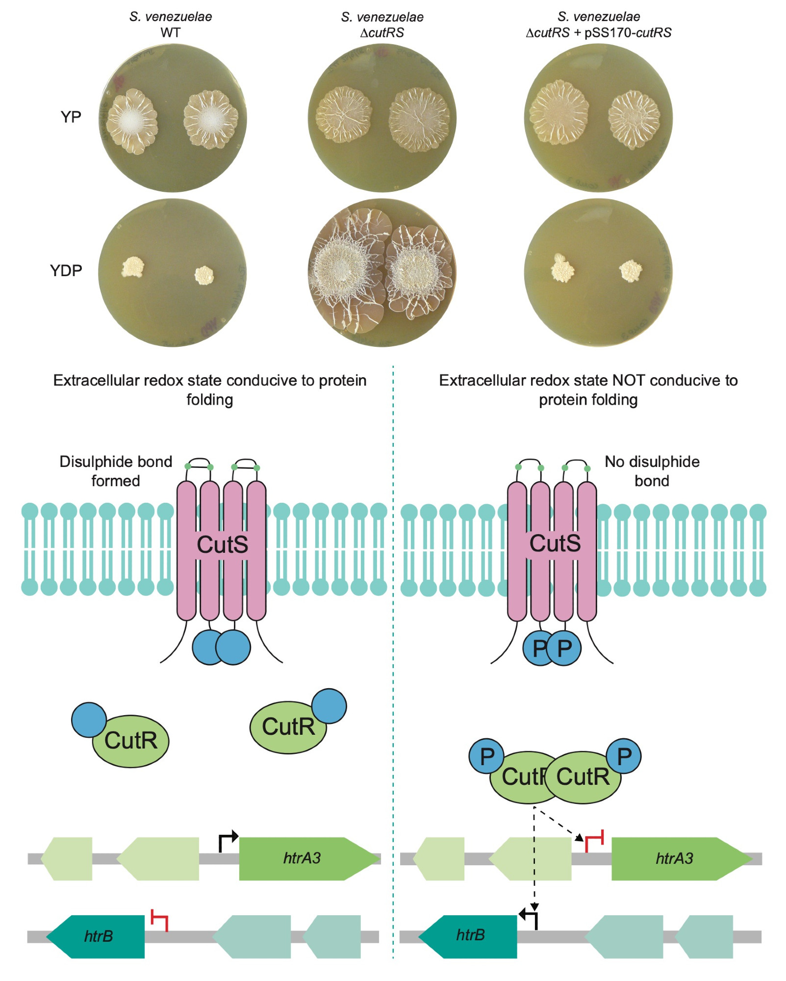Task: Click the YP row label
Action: pos(71,117)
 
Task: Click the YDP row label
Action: pos(66,270)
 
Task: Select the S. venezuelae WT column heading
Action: pos(171,25)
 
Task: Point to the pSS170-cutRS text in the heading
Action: pos(628,33)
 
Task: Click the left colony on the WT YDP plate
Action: pos(132,267)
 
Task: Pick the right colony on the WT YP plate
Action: pos(211,118)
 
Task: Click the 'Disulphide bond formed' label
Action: pos(116,471)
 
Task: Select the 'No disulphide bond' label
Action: pos(652,471)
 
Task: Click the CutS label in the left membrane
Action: pos(222,544)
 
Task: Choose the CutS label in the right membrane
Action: pos(555,543)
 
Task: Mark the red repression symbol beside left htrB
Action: pos(160,920)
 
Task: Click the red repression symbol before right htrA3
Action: pos(594,840)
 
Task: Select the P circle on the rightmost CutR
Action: pos(624,756)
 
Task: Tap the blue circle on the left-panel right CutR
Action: pos(329,706)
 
